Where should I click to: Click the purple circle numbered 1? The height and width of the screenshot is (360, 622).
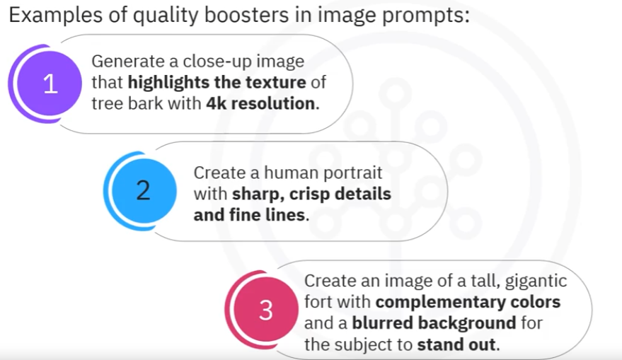click(50, 83)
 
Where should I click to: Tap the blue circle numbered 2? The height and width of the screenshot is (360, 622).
click(144, 190)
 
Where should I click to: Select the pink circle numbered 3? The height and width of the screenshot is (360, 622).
click(266, 309)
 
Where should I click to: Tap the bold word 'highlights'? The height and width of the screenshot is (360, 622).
click(168, 83)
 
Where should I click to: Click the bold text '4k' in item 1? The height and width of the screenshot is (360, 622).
click(217, 103)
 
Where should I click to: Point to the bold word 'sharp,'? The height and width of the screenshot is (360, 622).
click(258, 194)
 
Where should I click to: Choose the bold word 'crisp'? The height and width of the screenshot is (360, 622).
click(309, 194)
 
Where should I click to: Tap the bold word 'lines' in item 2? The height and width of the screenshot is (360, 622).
click(285, 215)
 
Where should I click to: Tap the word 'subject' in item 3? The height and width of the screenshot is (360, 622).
click(367, 344)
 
